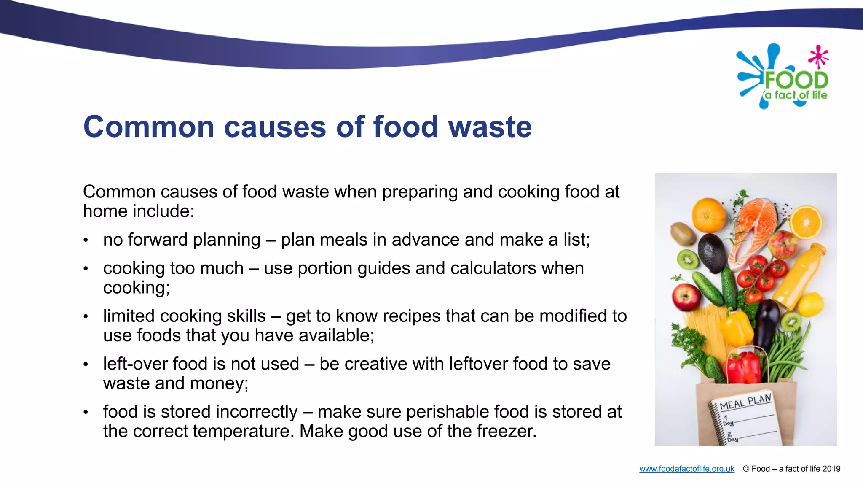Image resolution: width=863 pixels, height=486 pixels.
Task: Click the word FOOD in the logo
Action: pyautogui.click(x=796, y=80)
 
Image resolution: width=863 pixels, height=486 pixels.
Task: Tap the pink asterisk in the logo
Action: pyautogui.click(x=818, y=57)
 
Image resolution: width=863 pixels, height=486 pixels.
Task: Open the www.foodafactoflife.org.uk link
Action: pyautogui.click(x=686, y=469)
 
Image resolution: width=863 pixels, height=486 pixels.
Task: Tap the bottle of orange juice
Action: pyautogui.click(x=799, y=274)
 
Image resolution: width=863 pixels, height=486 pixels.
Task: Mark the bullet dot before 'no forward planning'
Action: pyautogui.click(x=86, y=240)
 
